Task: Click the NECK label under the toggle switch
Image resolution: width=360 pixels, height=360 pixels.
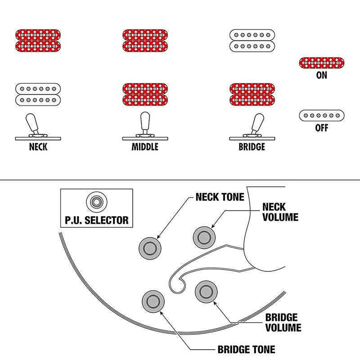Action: tap(38, 147)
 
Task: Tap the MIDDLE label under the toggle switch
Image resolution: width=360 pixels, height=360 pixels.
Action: tap(145, 147)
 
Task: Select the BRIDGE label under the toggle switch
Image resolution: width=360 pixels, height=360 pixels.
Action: tap(252, 147)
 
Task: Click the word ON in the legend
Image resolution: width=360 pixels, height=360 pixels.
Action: tap(321, 75)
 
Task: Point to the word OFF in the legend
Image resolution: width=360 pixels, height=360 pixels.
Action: tap(322, 128)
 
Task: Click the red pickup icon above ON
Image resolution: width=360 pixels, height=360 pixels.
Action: tap(322, 63)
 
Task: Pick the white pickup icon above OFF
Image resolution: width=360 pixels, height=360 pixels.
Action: tap(322, 116)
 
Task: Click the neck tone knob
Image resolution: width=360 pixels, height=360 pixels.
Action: tap(150, 248)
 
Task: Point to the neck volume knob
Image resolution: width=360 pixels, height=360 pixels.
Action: tap(204, 238)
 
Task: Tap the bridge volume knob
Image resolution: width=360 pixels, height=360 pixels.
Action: tap(206, 292)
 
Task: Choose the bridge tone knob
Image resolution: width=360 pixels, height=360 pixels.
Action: tap(153, 301)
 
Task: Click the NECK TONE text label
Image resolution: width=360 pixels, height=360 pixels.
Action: tap(220, 197)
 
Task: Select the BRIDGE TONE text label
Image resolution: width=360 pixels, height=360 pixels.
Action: tap(246, 350)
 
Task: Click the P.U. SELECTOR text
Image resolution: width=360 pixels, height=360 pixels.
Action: tap(97, 220)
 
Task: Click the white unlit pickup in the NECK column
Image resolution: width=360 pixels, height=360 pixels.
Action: tap(38, 94)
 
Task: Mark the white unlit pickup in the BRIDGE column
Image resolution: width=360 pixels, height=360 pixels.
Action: tap(252, 40)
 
